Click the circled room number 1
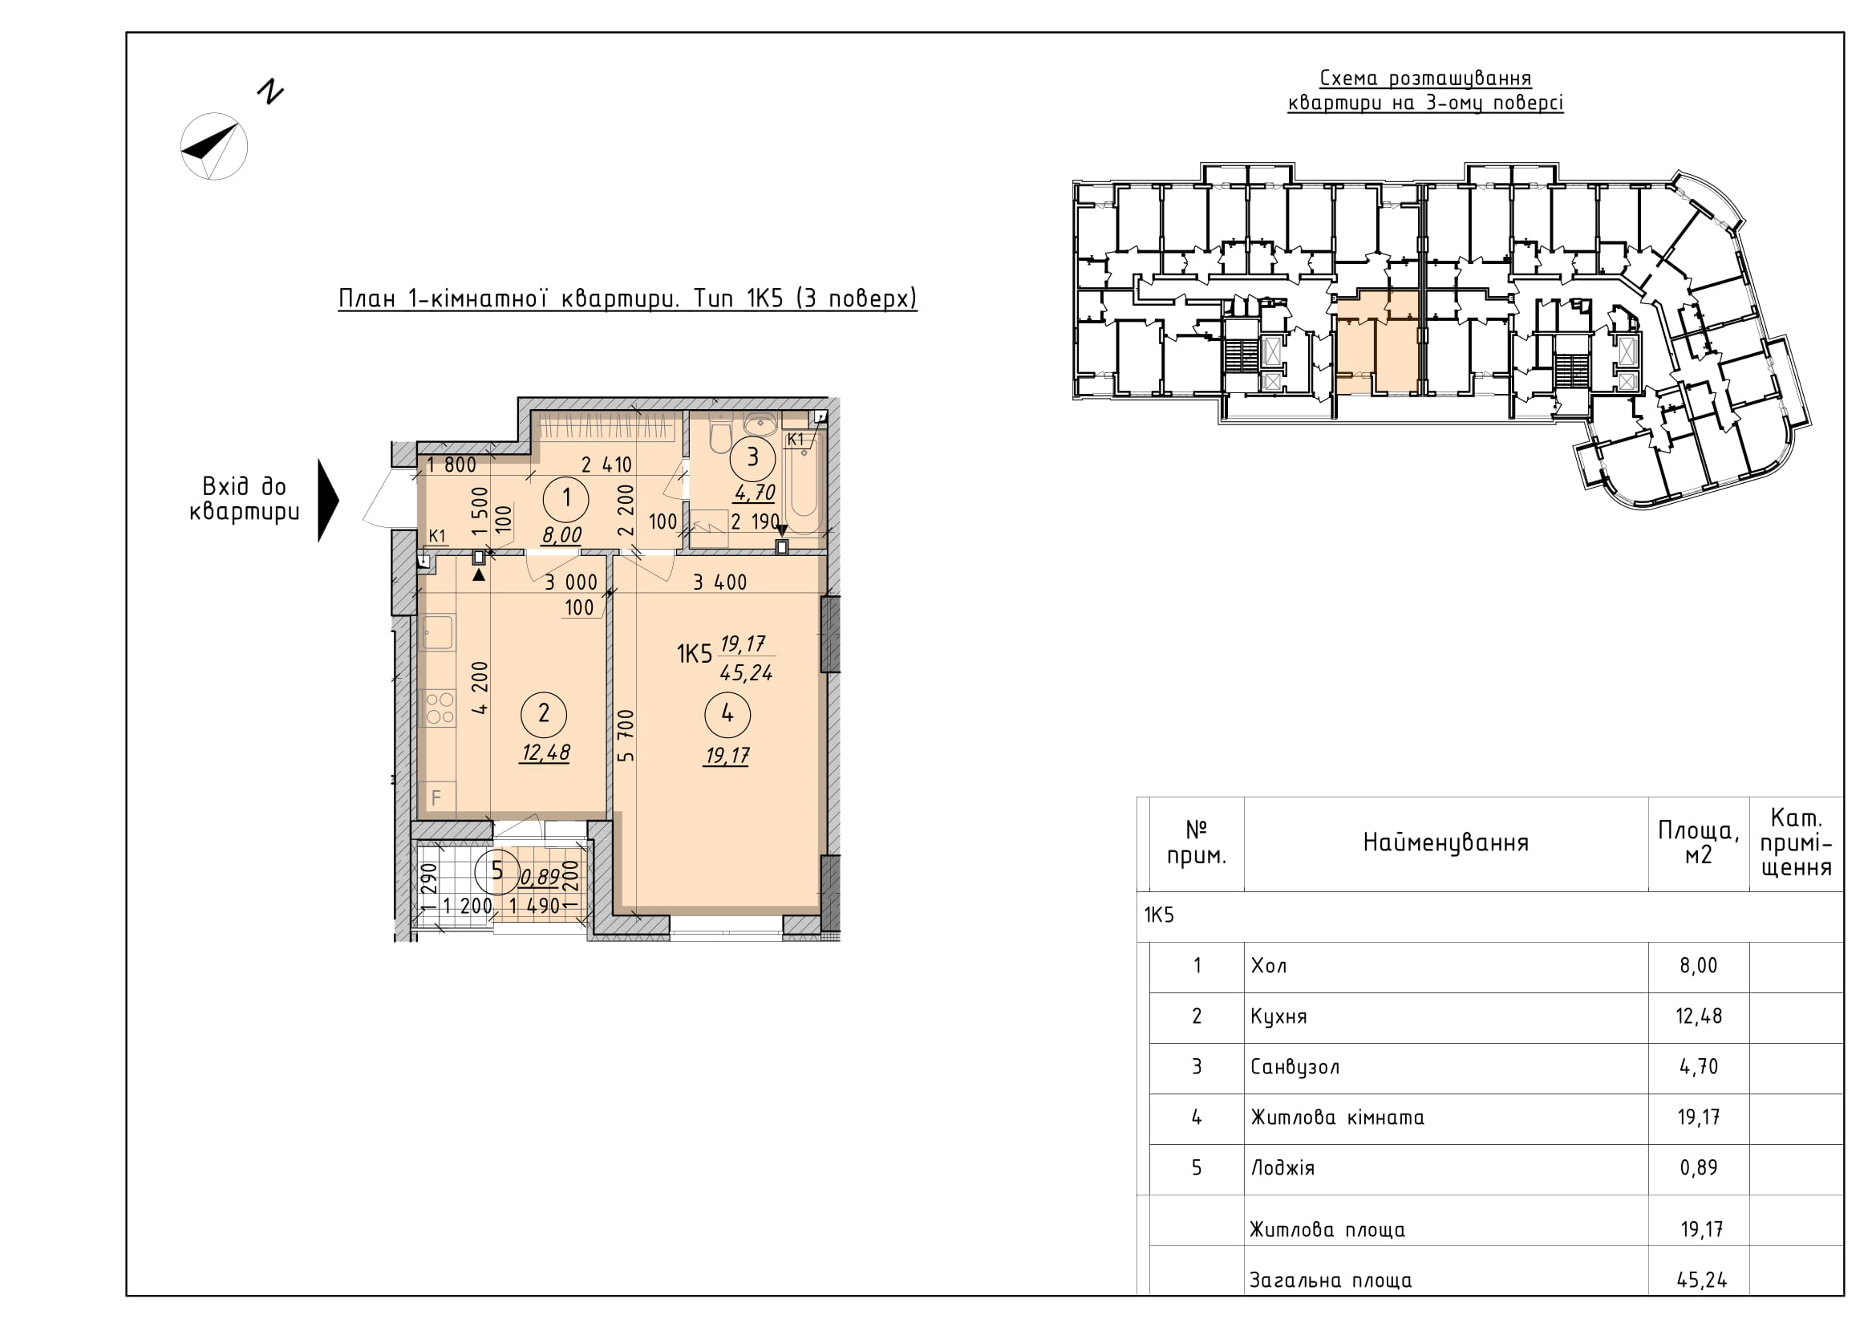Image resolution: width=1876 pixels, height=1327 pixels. point(565,498)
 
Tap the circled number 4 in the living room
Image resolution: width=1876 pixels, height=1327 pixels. point(727,713)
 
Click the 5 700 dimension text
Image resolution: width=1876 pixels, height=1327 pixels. point(625,736)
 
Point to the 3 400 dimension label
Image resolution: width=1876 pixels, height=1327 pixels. point(719,582)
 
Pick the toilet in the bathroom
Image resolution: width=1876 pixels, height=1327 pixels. point(719,434)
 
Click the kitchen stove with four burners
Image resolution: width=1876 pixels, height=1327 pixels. point(439,708)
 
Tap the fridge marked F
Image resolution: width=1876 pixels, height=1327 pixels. point(437,797)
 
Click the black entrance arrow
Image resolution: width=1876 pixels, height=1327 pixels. point(328,500)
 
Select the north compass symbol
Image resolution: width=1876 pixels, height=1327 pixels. point(214,145)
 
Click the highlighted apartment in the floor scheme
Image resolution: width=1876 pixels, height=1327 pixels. point(1377,343)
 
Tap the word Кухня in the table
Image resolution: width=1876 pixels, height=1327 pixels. point(1278,1017)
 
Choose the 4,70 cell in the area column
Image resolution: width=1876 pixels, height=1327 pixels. point(1699,1066)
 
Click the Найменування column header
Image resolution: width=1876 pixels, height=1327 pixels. point(1445,842)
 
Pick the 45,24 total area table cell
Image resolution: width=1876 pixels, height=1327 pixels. point(1702,1280)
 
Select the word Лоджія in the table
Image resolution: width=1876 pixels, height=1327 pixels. point(1282,1167)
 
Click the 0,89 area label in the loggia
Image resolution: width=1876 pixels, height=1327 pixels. point(540,879)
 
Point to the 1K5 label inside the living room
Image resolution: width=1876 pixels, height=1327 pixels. point(695,654)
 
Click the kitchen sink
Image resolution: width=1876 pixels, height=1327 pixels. point(437,632)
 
